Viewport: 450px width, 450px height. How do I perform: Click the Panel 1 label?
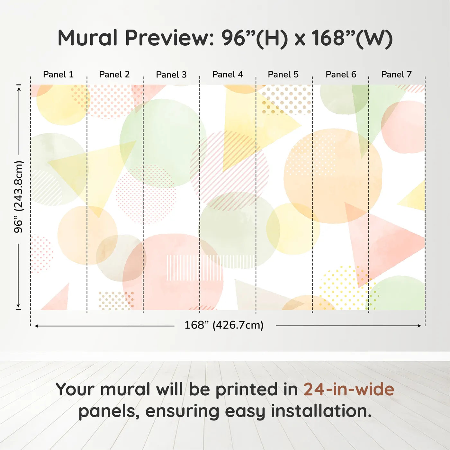[58, 75]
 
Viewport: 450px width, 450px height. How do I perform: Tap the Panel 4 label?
[228, 75]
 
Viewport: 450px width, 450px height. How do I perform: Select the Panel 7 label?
[396, 75]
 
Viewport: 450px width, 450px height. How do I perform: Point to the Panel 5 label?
[283, 75]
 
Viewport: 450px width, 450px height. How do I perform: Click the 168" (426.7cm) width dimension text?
[224, 325]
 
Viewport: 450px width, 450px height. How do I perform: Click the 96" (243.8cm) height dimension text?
[19, 197]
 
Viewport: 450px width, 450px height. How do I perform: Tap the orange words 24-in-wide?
[349, 390]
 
